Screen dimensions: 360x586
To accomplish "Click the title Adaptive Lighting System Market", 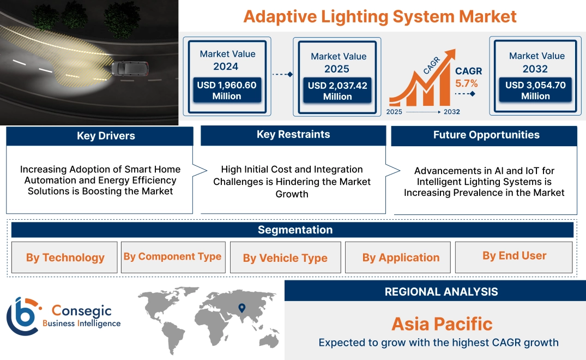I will click(379, 16).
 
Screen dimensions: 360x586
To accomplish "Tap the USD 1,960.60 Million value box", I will click(226, 91).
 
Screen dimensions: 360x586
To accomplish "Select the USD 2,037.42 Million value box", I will click(337, 91).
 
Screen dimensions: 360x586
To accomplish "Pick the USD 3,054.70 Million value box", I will click(535, 91).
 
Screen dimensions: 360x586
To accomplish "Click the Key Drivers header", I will click(106, 136).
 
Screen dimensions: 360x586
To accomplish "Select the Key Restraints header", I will click(293, 135).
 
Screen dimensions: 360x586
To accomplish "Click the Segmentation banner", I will click(295, 230).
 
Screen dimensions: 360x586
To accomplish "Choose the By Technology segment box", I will click(65, 257).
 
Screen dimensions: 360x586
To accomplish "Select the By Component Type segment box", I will click(172, 257).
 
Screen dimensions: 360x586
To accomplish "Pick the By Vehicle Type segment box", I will click(285, 258).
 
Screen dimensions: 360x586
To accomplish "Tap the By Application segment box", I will click(401, 257).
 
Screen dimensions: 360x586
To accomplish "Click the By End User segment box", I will click(514, 256).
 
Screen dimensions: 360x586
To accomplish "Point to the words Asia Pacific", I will click(442, 324).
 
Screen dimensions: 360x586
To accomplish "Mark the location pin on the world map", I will click(241, 308).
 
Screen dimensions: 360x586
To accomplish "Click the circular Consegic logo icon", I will click(22, 316).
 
